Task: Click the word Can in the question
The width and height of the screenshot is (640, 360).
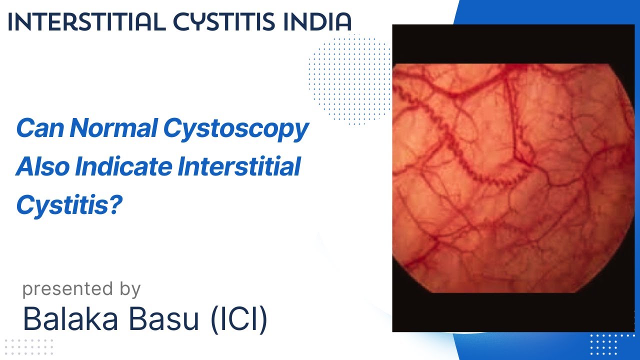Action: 39,129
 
